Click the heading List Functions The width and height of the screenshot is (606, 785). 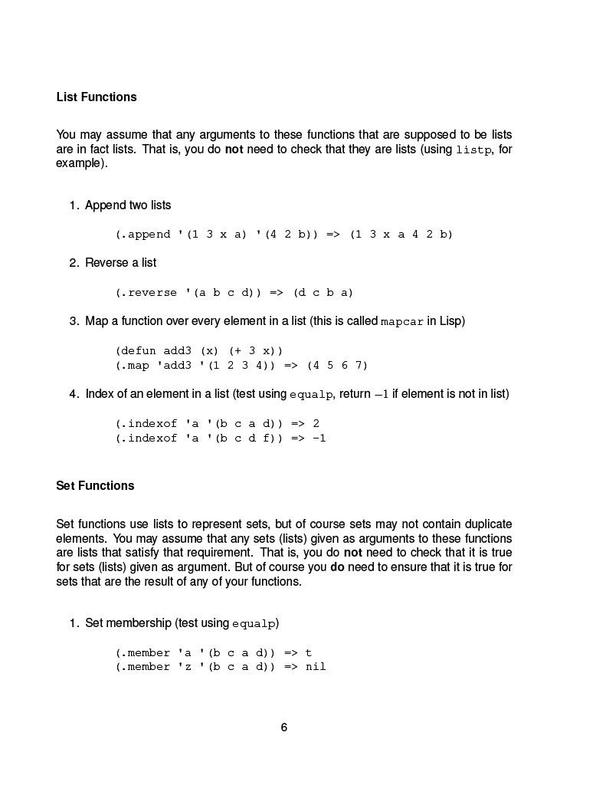97,97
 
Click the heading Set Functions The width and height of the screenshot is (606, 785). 95,486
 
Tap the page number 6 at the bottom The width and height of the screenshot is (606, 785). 284,728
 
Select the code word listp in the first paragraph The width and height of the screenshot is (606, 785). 474,150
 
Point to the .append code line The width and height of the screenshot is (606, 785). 284,235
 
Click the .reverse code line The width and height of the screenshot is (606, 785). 234,293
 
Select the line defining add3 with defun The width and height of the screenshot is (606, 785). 199,350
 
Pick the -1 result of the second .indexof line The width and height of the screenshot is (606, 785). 319,438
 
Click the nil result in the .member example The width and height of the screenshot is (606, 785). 316,667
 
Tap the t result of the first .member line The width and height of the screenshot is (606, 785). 309,653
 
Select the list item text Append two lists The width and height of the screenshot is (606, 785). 128,205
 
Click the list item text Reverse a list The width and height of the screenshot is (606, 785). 120,263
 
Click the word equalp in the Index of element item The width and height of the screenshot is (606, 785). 311,395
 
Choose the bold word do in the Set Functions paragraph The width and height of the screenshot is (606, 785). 338,567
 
